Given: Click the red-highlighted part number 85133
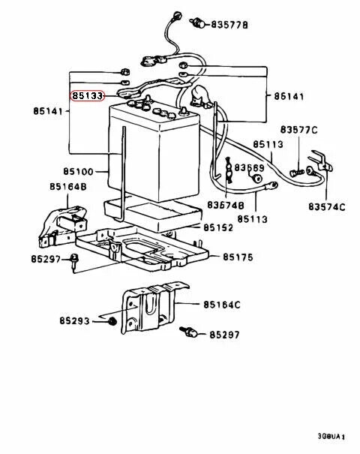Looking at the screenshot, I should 88,96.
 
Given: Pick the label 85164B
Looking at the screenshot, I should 68,186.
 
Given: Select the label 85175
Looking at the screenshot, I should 239,257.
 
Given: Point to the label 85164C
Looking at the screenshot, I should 221,304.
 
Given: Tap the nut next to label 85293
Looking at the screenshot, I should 111,321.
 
